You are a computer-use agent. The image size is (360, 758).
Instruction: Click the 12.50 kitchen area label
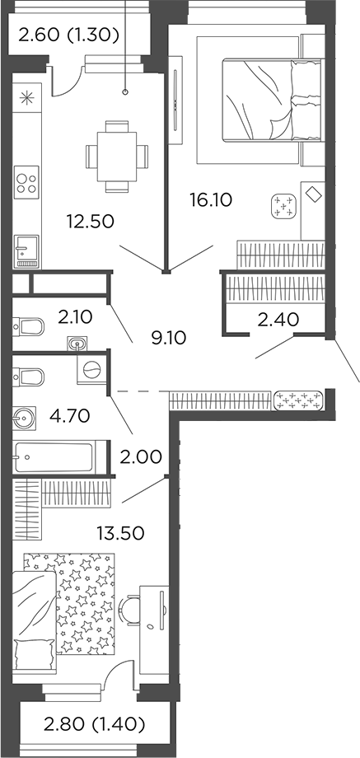pyautogui.click(x=90, y=221)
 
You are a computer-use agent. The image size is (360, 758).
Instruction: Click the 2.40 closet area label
pyautogui.click(x=278, y=320)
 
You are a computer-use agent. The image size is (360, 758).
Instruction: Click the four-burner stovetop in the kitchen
pyautogui.click(x=26, y=180)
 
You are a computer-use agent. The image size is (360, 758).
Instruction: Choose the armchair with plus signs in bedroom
pyautogui.click(x=285, y=206)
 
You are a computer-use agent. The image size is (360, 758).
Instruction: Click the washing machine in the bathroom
pyautogui.click(x=91, y=370)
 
